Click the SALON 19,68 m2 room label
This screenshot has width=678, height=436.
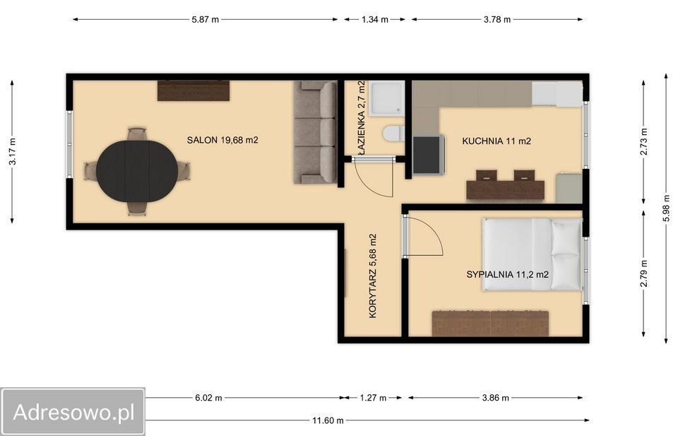pyautogui.click(x=222, y=140)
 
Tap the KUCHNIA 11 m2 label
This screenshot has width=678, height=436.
pyautogui.click(x=496, y=141)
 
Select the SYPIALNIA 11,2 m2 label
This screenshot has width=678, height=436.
pyautogui.click(x=508, y=274)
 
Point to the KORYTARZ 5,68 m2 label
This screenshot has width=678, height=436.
pyautogui.click(x=373, y=276)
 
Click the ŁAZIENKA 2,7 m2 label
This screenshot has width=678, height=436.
pyautogui.click(x=362, y=117)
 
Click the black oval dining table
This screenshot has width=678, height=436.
pyautogui.click(x=136, y=171)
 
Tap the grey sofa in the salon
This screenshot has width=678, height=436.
pyautogui.click(x=315, y=132)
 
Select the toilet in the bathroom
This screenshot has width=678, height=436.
pyautogui.click(x=393, y=134)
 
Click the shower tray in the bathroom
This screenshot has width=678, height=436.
pyautogui.click(x=388, y=99)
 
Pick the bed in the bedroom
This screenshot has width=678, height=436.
pyautogui.click(x=533, y=254)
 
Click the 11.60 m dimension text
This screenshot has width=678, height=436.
pyautogui.click(x=328, y=420)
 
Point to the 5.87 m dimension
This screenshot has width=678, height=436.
pyautogui.click(x=206, y=20)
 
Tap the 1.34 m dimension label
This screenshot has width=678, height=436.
pyautogui.click(x=375, y=20)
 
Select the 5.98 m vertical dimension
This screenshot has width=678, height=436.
pyautogui.click(x=666, y=209)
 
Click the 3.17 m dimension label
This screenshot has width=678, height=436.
pyautogui.click(x=12, y=151)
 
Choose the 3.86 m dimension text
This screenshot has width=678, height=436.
pyautogui.click(x=496, y=398)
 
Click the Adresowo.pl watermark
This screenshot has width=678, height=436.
pyautogui.click(x=73, y=412)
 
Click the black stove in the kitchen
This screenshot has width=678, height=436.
pyautogui.click(x=429, y=155)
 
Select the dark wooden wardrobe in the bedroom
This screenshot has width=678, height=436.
pyautogui.click(x=490, y=323)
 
